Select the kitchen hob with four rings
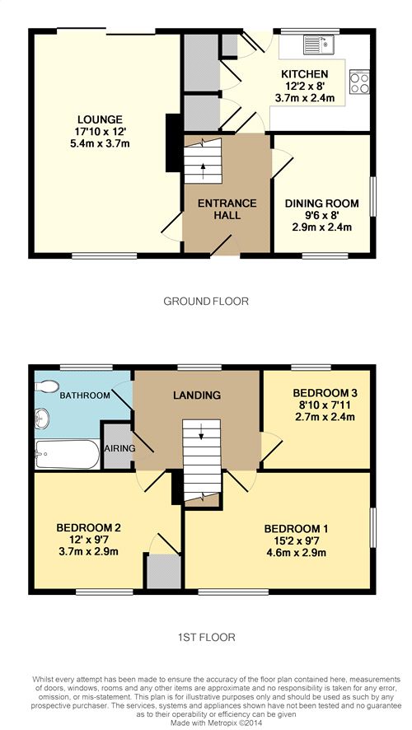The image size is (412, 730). pos(359,82)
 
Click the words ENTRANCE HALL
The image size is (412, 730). pos(227,209)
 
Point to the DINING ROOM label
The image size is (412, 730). pos(322,204)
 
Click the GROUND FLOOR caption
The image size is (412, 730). pos(205,302)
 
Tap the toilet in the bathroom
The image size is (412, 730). pos(47,386)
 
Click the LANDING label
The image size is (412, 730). pos(197,395)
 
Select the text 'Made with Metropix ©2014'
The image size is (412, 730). pos(205,722)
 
